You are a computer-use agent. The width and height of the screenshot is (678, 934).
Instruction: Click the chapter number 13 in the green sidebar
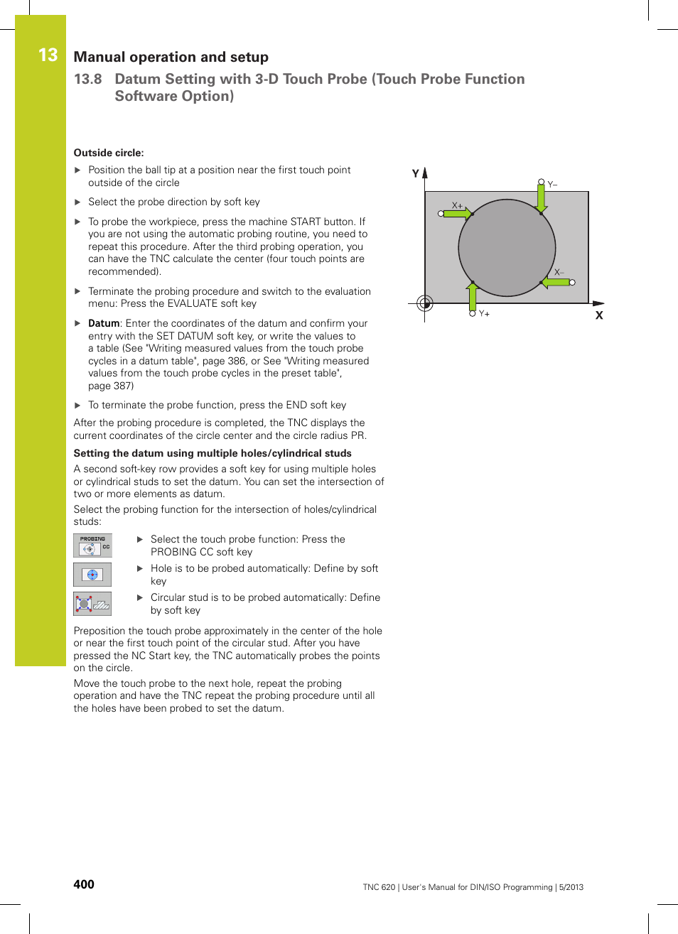click(48, 55)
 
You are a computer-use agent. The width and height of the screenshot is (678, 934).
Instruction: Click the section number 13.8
click(88, 79)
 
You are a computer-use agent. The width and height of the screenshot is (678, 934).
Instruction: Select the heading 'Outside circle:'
click(109, 153)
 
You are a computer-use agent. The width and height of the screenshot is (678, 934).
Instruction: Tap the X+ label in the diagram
click(457, 205)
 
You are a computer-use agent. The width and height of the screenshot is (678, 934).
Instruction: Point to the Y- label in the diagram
click(552, 185)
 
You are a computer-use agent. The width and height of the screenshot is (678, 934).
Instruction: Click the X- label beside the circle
click(559, 272)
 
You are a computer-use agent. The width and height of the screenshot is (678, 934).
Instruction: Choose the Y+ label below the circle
click(484, 313)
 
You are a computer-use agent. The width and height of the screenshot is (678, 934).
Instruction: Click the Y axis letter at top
click(416, 173)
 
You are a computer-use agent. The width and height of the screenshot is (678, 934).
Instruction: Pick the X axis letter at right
click(599, 315)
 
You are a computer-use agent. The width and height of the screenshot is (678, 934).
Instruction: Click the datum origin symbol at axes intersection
click(425, 304)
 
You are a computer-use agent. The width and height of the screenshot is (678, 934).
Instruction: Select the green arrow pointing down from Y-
click(542, 199)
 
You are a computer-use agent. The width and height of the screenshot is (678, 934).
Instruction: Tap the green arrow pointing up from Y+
click(472, 295)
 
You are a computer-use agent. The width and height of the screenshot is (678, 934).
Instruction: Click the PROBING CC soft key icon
click(92, 545)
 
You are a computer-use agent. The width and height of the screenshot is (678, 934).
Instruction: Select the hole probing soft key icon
click(92, 575)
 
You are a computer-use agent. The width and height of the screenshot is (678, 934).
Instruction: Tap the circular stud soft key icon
click(92, 604)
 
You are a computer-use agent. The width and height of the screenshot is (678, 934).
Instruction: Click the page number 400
click(84, 884)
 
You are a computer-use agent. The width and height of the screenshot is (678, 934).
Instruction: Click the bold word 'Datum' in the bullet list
click(104, 323)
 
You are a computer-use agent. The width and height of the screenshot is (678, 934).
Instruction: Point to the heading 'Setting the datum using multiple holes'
click(212, 453)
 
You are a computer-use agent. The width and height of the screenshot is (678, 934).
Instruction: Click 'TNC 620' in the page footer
click(379, 887)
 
